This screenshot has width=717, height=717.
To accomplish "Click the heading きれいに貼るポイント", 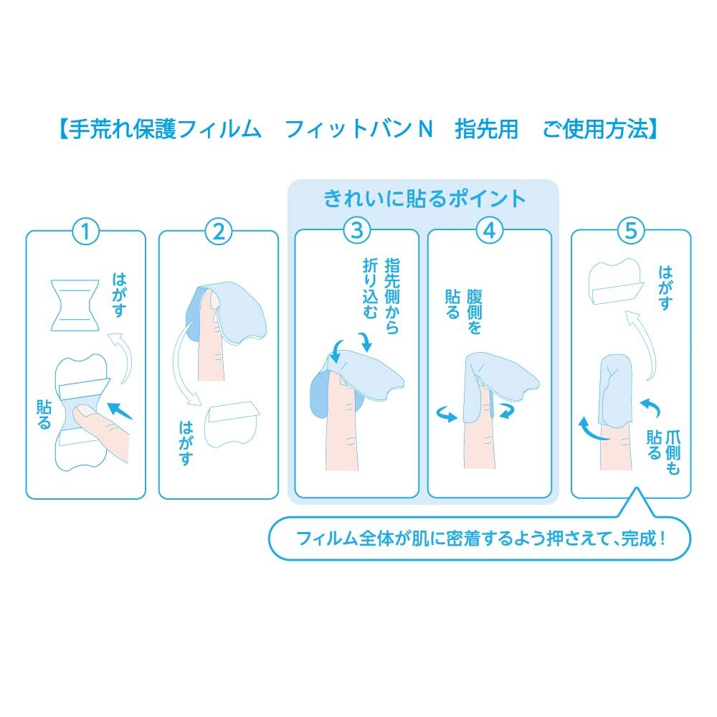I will point(424,198).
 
